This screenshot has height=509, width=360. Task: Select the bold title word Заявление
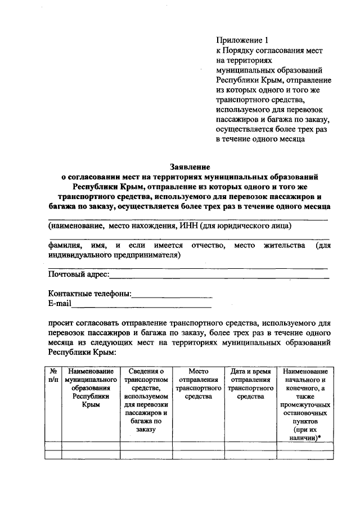(190, 166)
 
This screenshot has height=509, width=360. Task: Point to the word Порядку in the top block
(244, 51)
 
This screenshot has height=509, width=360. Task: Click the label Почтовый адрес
(78, 275)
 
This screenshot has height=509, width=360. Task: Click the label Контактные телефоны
(89, 294)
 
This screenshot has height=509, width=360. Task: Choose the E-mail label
(60, 304)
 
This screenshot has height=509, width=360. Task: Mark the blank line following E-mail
(141, 307)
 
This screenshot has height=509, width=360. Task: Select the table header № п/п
(53, 376)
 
